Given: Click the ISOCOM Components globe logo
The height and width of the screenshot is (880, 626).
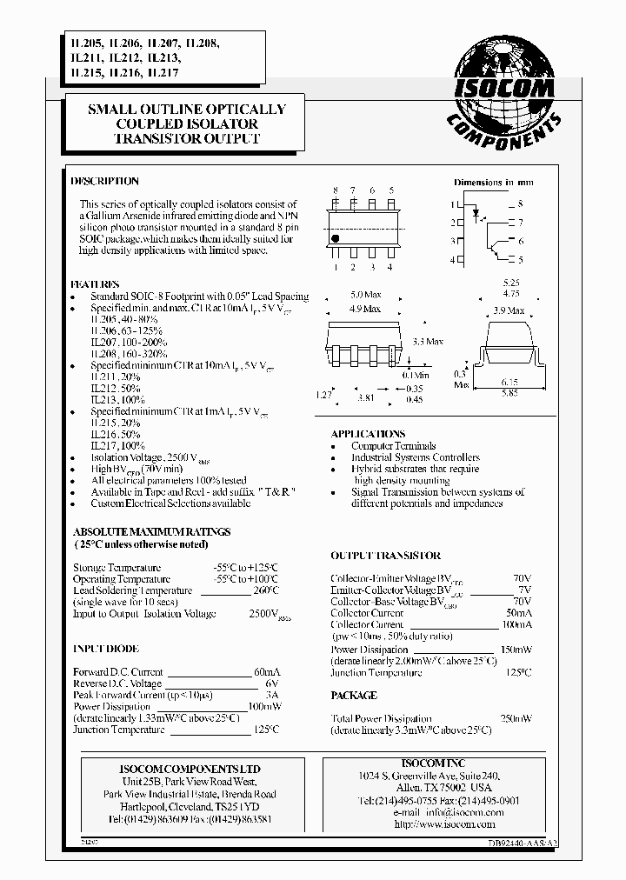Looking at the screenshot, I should (x=503, y=87).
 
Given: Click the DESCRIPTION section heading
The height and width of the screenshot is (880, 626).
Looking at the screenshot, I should (x=104, y=182).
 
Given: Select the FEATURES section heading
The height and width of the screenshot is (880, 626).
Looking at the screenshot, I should (x=96, y=284).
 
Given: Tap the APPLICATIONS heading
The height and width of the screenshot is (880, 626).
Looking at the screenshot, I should (x=368, y=434).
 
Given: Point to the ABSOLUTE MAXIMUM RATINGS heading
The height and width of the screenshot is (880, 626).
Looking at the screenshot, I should (x=151, y=531).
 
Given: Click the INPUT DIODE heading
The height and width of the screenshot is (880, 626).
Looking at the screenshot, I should (x=105, y=649).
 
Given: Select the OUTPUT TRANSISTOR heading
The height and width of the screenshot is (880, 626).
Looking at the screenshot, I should (x=385, y=556).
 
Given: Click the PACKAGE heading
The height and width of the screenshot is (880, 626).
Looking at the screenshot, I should (x=354, y=696).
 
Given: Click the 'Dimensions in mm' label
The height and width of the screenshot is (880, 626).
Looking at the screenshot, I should (x=491, y=183).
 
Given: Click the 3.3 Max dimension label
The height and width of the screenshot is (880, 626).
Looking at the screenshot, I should (x=427, y=342).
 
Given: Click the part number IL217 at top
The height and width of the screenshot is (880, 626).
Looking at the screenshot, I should (x=164, y=74).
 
